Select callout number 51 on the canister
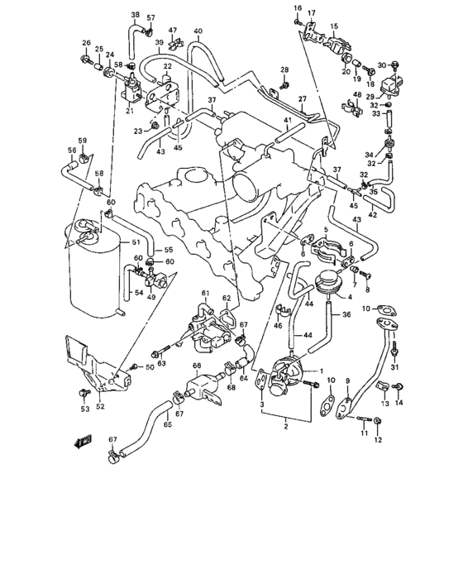click(125, 242)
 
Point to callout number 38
click(135, 16)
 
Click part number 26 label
click(86, 43)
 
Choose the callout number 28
click(284, 69)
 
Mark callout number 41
click(289, 122)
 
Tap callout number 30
click(381, 65)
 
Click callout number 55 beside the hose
click(168, 250)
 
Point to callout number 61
click(205, 294)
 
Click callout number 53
click(84, 409)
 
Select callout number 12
click(379, 441)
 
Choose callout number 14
click(401, 404)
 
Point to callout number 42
click(373, 215)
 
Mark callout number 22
click(167, 66)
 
